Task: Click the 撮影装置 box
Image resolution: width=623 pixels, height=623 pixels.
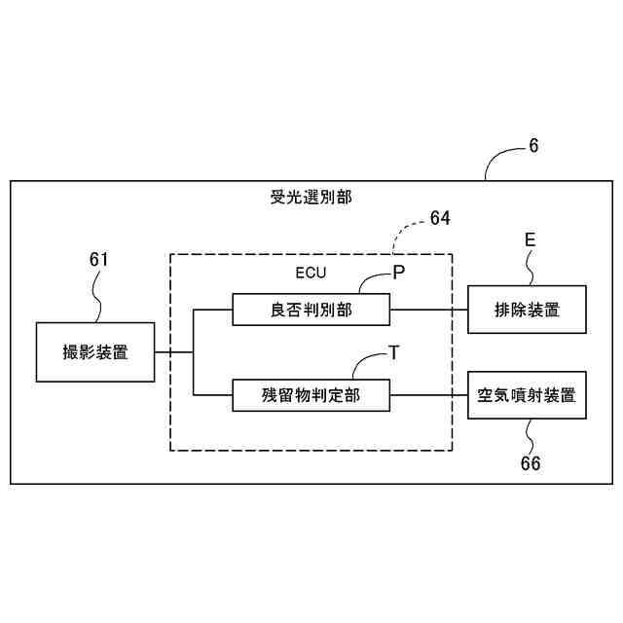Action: coord(95,351)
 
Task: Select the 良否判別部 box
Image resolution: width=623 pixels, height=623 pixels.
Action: coord(311,310)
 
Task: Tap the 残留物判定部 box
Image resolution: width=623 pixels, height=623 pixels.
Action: coord(311,395)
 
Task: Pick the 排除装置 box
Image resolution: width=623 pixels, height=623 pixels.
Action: coord(527,310)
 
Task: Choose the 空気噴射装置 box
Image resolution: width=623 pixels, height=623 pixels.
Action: coord(527,395)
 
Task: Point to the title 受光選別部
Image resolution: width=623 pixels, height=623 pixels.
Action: coord(311,197)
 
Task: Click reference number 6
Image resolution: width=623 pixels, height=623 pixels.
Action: coord(533,146)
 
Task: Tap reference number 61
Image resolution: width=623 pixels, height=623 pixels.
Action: coord(98,259)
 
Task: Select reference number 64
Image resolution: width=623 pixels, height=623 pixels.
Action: coord(440,219)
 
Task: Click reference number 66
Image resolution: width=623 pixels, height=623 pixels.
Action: coord(531,463)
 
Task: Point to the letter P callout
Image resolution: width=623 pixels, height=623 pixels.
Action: coord(399,273)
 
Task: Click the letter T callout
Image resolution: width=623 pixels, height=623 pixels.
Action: coord(393,353)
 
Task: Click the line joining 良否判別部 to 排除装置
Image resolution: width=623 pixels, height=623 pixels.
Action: coord(428,310)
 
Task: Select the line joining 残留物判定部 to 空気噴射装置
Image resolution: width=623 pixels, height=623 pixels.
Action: coord(428,395)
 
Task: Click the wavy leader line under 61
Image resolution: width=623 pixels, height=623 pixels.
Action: coord(98,296)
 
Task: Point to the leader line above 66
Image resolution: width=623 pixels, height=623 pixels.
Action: coord(529,435)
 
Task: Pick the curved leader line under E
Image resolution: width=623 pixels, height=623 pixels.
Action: coord(529,269)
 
